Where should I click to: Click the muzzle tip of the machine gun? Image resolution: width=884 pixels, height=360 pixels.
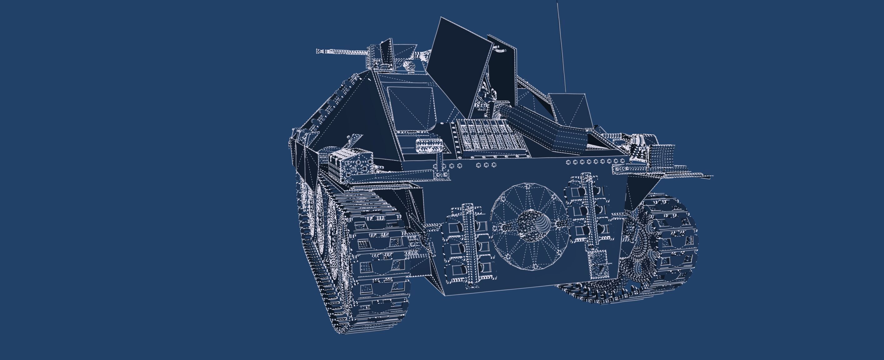point(318,51)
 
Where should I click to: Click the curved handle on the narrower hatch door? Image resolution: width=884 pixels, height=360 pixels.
point(500,50)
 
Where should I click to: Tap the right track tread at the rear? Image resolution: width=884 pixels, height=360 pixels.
point(673,240)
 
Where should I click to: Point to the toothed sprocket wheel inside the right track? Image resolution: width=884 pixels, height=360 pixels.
point(638,251)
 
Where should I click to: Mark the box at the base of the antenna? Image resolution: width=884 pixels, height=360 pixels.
point(570,110)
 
